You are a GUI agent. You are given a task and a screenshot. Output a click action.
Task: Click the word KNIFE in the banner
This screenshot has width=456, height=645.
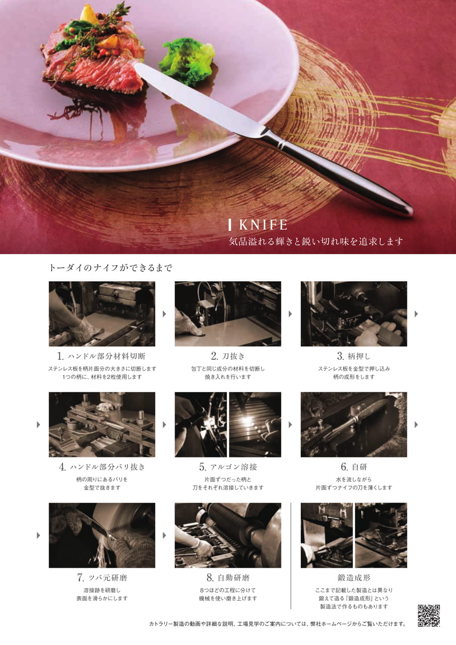[263, 225]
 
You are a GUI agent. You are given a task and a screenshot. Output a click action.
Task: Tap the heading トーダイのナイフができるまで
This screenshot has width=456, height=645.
[110, 268]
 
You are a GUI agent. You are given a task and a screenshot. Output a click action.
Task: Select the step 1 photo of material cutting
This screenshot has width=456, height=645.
[102, 313]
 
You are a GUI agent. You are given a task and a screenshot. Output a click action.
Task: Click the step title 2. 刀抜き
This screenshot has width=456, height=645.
[228, 356]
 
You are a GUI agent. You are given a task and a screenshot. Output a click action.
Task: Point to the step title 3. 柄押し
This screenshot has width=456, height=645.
[354, 356]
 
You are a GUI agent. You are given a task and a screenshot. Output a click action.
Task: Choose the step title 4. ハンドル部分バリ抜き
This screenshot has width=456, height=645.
[102, 467]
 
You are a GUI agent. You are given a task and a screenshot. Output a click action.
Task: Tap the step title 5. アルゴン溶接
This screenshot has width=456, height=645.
[228, 467]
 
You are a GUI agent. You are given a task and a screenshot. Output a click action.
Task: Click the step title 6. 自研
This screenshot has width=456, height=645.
[354, 467]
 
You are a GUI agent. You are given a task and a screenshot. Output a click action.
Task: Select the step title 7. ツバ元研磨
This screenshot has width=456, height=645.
[102, 577]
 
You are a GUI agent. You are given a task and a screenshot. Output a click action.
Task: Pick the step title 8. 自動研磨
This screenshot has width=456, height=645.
[228, 577]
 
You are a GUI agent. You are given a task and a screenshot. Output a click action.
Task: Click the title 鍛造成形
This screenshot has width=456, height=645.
[354, 577]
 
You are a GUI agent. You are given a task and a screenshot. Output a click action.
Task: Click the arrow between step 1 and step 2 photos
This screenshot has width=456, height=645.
[164, 313]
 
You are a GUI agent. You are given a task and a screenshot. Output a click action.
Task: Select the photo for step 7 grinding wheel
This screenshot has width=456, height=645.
[102, 535]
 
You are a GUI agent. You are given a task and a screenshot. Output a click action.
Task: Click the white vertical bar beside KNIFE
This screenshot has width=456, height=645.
[230, 225]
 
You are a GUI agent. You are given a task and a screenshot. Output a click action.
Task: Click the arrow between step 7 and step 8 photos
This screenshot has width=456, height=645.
[164, 535]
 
